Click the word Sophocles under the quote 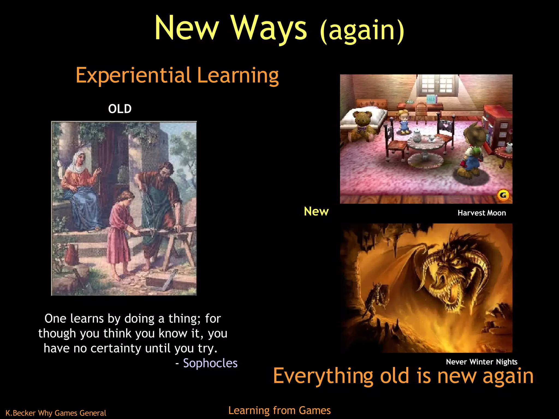pos(210,363)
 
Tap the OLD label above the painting pos(120,109)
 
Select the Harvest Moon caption pos(482,213)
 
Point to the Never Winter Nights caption pos(481,362)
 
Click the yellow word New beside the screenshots pos(316,211)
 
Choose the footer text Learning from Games pos(279,410)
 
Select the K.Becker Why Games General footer pos(56,413)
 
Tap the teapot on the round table pos(417,136)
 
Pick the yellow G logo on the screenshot pos(503,195)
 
